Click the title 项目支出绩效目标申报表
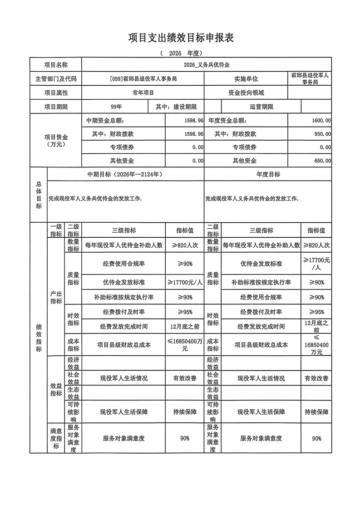pos(180,38)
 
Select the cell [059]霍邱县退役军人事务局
pos(143,79)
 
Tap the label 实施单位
pos(246,79)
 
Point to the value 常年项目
pos(143,93)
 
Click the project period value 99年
pos(116,107)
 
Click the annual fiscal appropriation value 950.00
pos(322,134)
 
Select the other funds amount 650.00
pos(322,161)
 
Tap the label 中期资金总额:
pos(105,121)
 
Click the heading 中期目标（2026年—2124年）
pos(125,175)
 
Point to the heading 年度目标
pos(268,175)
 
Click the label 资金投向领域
pos(246,93)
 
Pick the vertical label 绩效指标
pos(39,338)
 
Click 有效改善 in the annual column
pos(316,378)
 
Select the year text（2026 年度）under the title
pos(180,53)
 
